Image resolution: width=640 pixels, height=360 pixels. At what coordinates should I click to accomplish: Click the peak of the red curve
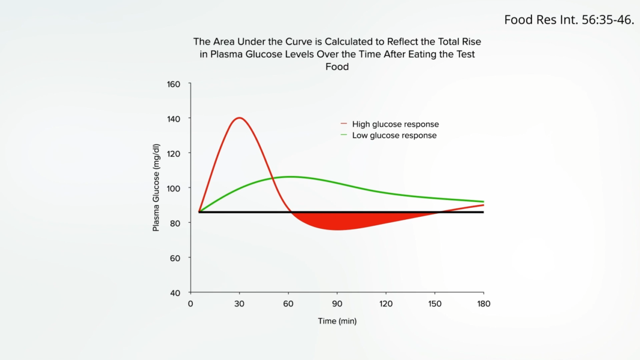tap(240, 118)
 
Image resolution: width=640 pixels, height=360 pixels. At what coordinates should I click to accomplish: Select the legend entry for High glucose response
tap(395, 124)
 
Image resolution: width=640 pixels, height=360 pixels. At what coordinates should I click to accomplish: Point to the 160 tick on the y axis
tap(173, 84)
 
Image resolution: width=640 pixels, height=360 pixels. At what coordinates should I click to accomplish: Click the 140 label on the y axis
tap(173, 119)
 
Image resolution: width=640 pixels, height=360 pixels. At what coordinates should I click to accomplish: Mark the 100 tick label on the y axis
tap(173, 188)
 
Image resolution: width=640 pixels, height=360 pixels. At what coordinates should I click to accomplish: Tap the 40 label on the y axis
tap(175, 293)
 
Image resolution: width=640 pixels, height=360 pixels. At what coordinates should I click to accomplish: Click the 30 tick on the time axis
tap(239, 304)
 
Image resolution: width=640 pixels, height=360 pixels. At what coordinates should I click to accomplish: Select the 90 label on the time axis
tap(337, 304)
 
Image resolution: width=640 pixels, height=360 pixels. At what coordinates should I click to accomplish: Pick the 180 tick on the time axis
tap(484, 304)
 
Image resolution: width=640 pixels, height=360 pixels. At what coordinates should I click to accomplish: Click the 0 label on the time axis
tap(191, 304)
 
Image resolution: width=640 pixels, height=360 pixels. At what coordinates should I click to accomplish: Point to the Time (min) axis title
tap(337, 321)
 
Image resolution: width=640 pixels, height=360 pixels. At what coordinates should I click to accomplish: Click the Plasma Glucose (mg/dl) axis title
tap(156, 187)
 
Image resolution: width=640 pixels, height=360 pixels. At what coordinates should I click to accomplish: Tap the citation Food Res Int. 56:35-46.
tap(569, 20)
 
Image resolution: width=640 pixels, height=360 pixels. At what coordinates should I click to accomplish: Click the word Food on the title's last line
tap(337, 67)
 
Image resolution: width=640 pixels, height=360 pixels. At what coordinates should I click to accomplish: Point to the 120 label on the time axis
tap(386, 304)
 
